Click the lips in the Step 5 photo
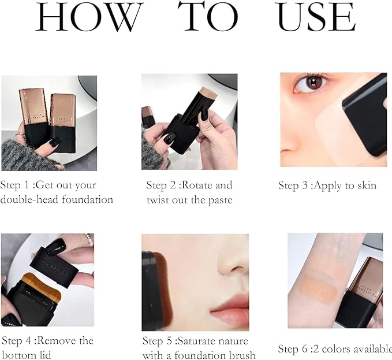231,317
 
